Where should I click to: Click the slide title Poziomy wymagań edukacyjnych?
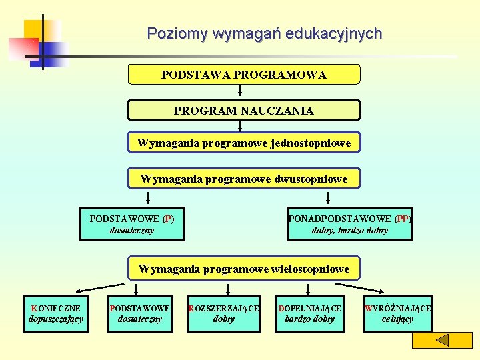point(265,33)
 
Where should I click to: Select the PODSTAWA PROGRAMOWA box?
point(244,75)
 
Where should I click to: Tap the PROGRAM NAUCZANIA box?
point(244,111)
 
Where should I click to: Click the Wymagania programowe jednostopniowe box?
point(244,143)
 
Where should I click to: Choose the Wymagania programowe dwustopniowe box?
point(244,179)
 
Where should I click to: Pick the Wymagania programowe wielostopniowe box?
point(244,269)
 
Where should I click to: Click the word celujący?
point(397,319)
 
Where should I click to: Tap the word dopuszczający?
point(56,319)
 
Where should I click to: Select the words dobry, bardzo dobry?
point(349,231)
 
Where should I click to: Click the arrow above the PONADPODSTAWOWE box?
point(328,197)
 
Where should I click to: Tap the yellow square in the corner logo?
point(35,30)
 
